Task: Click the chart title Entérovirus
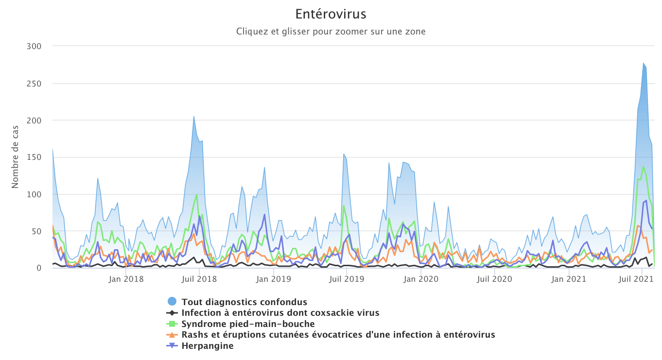[331, 14]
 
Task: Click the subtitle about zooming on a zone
[331, 32]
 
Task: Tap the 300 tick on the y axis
[34, 46]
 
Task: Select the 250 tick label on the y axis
[34, 83]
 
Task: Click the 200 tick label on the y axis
[34, 120]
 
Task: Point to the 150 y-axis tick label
[34, 157]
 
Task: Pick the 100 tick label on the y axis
[34, 194]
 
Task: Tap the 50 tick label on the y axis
[36, 231]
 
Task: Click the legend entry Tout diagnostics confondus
[244, 302]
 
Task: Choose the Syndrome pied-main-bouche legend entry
[248, 324]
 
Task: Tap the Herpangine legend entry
[208, 346]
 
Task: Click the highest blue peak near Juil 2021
[644, 63]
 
